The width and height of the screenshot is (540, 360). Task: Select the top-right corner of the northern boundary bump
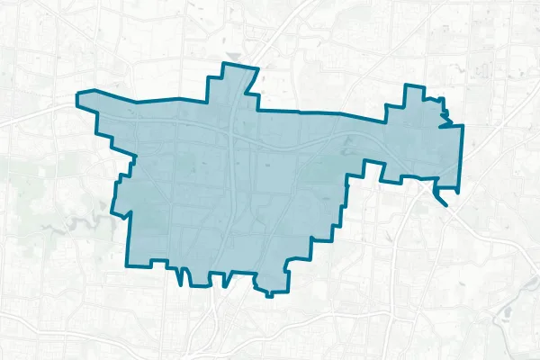pos(258,69)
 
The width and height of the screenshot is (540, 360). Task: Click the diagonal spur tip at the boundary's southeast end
pos(445,202)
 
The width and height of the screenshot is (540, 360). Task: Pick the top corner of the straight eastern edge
pos(462,125)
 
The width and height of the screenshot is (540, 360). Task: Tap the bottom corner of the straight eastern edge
pos(460,191)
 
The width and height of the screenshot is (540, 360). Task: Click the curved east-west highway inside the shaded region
pos(297,143)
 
